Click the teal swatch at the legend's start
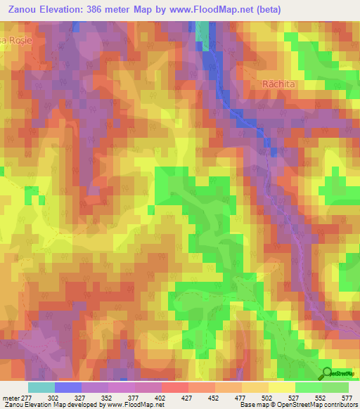[x=41, y=387]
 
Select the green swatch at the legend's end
[x=336, y=387]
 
